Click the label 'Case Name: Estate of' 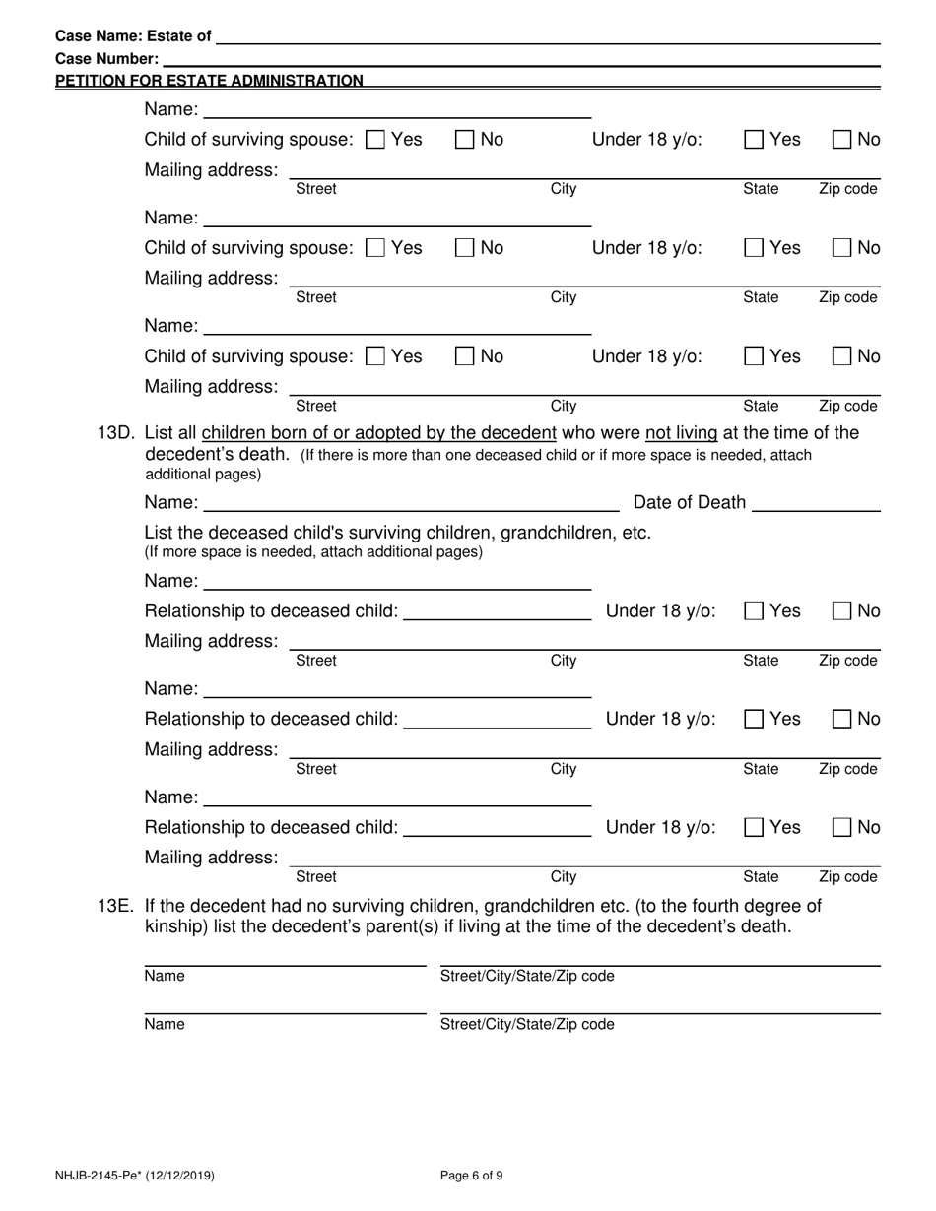pos(133,36)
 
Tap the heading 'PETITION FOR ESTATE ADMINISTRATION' pos(209,81)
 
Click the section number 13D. pos(118,433)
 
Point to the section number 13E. pos(118,905)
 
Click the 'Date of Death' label pos(689,503)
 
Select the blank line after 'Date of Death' pos(816,504)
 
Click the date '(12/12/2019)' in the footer pos(182,1175)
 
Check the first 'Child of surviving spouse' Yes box pos(375,140)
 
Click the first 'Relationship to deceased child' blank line pos(498,612)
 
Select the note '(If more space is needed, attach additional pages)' pos(313,552)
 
